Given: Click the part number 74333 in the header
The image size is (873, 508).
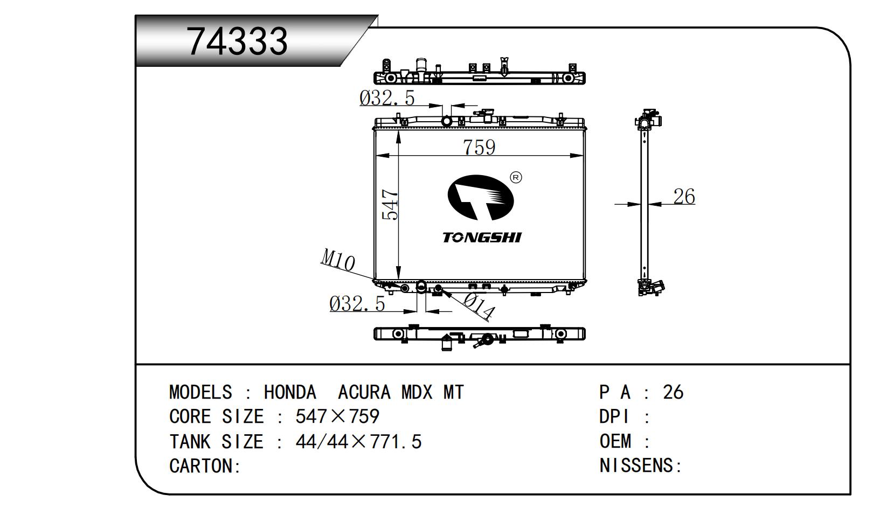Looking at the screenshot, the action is tap(237, 41).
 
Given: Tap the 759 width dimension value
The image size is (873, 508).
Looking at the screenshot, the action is tap(479, 147).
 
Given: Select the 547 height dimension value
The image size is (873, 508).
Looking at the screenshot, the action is tap(390, 205).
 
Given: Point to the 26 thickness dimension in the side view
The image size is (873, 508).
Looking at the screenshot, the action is tap(684, 196).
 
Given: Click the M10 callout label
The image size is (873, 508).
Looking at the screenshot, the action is tap(337, 260).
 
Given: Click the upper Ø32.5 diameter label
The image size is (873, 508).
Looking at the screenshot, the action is tap(387, 98).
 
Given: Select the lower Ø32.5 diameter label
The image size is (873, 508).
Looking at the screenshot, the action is tap(357, 303).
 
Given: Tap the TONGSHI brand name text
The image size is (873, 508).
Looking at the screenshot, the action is tap(482, 237).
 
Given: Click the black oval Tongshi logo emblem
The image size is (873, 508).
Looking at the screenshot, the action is tap(481, 198).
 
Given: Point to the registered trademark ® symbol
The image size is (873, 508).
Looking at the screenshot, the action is tap(516, 178).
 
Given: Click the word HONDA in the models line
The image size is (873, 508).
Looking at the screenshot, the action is tap(290, 392).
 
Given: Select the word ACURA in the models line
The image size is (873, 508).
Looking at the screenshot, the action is tap(364, 392).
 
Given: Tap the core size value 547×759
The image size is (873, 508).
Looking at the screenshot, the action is tap(337, 416).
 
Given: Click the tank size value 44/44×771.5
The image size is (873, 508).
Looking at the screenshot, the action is tap(358, 441).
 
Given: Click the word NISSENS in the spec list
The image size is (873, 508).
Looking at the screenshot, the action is tap(636, 465).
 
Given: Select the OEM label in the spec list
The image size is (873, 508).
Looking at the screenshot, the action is tap(615, 441).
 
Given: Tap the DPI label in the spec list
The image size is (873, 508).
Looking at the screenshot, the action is tap(614, 416).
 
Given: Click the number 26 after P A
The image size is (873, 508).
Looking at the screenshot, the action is tap(673, 392).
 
